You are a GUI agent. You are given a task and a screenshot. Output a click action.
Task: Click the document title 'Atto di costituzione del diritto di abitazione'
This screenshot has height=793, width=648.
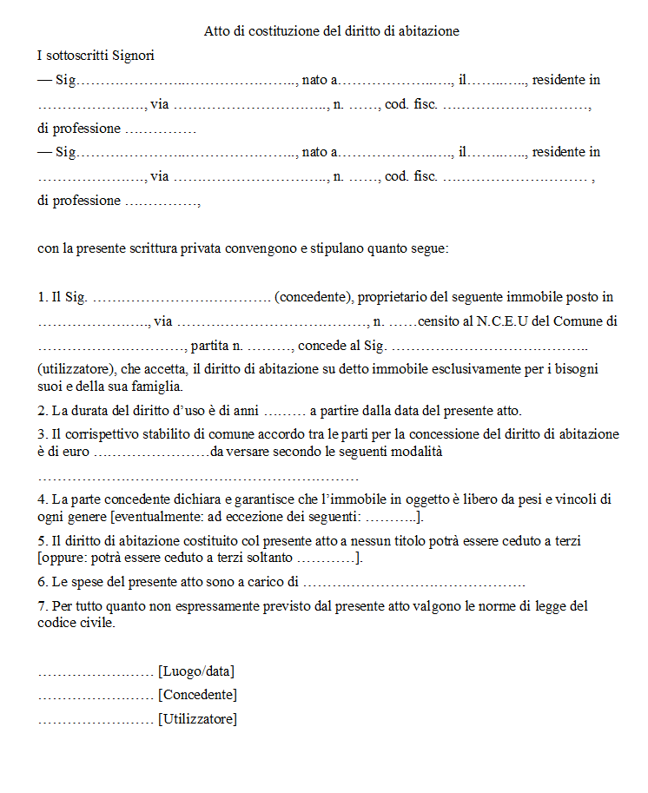[331, 31]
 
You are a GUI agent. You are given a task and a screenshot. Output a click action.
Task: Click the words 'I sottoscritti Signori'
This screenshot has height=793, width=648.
[96, 56]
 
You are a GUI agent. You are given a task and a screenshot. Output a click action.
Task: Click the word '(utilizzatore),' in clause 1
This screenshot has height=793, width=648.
[79, 369]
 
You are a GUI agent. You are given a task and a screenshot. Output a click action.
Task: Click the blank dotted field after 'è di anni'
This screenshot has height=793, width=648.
[284, 411]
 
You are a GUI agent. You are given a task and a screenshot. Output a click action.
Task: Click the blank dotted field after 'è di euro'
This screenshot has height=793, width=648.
[151, 452]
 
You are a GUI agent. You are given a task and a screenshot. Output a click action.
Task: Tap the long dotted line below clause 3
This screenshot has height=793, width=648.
[198, 477]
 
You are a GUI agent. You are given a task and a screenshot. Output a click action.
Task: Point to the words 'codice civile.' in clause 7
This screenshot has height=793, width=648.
[76, 623]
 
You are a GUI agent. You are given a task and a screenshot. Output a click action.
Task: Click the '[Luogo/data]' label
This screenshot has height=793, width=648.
[196, 671]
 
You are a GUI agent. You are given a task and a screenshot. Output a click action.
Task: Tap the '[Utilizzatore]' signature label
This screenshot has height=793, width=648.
[197, 719]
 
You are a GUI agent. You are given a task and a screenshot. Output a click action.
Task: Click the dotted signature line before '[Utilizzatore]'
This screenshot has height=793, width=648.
[96, 719]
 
